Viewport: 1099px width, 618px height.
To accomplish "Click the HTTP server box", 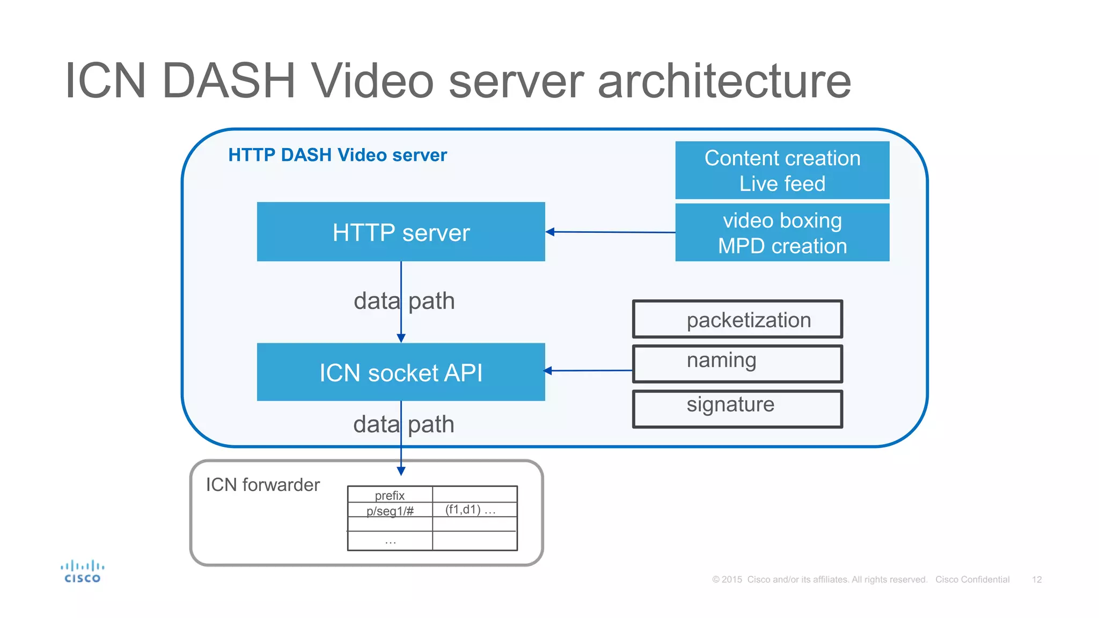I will click(401, 232).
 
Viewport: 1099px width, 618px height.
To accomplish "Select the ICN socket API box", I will click(401, 372).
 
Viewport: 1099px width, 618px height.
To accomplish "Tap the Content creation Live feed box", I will click(782, 170).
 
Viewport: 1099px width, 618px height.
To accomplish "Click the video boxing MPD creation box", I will click(782, 232).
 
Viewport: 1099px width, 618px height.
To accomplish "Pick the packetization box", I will click(737, 319).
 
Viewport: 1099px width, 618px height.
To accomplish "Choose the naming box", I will click(737, 364).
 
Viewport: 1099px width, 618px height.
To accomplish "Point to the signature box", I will click(737, 409).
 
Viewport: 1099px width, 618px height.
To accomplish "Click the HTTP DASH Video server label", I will click(337, 155).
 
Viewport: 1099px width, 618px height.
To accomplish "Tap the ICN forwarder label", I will click(262, 484).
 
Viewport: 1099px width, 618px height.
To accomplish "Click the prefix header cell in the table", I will click(390, 495).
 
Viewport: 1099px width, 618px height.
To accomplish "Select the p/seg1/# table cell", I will click(390, 510).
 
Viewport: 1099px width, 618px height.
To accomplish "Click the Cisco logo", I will click(82, 571).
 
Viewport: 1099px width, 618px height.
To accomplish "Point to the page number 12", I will click(1036, 579).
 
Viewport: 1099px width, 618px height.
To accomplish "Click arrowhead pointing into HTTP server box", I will click(550, 232).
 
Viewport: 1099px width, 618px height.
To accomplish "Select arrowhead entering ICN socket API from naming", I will click(548, 370).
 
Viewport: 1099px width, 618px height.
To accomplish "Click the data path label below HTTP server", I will click(404, 301).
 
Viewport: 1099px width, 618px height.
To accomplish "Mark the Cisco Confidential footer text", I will click(972, 579).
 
